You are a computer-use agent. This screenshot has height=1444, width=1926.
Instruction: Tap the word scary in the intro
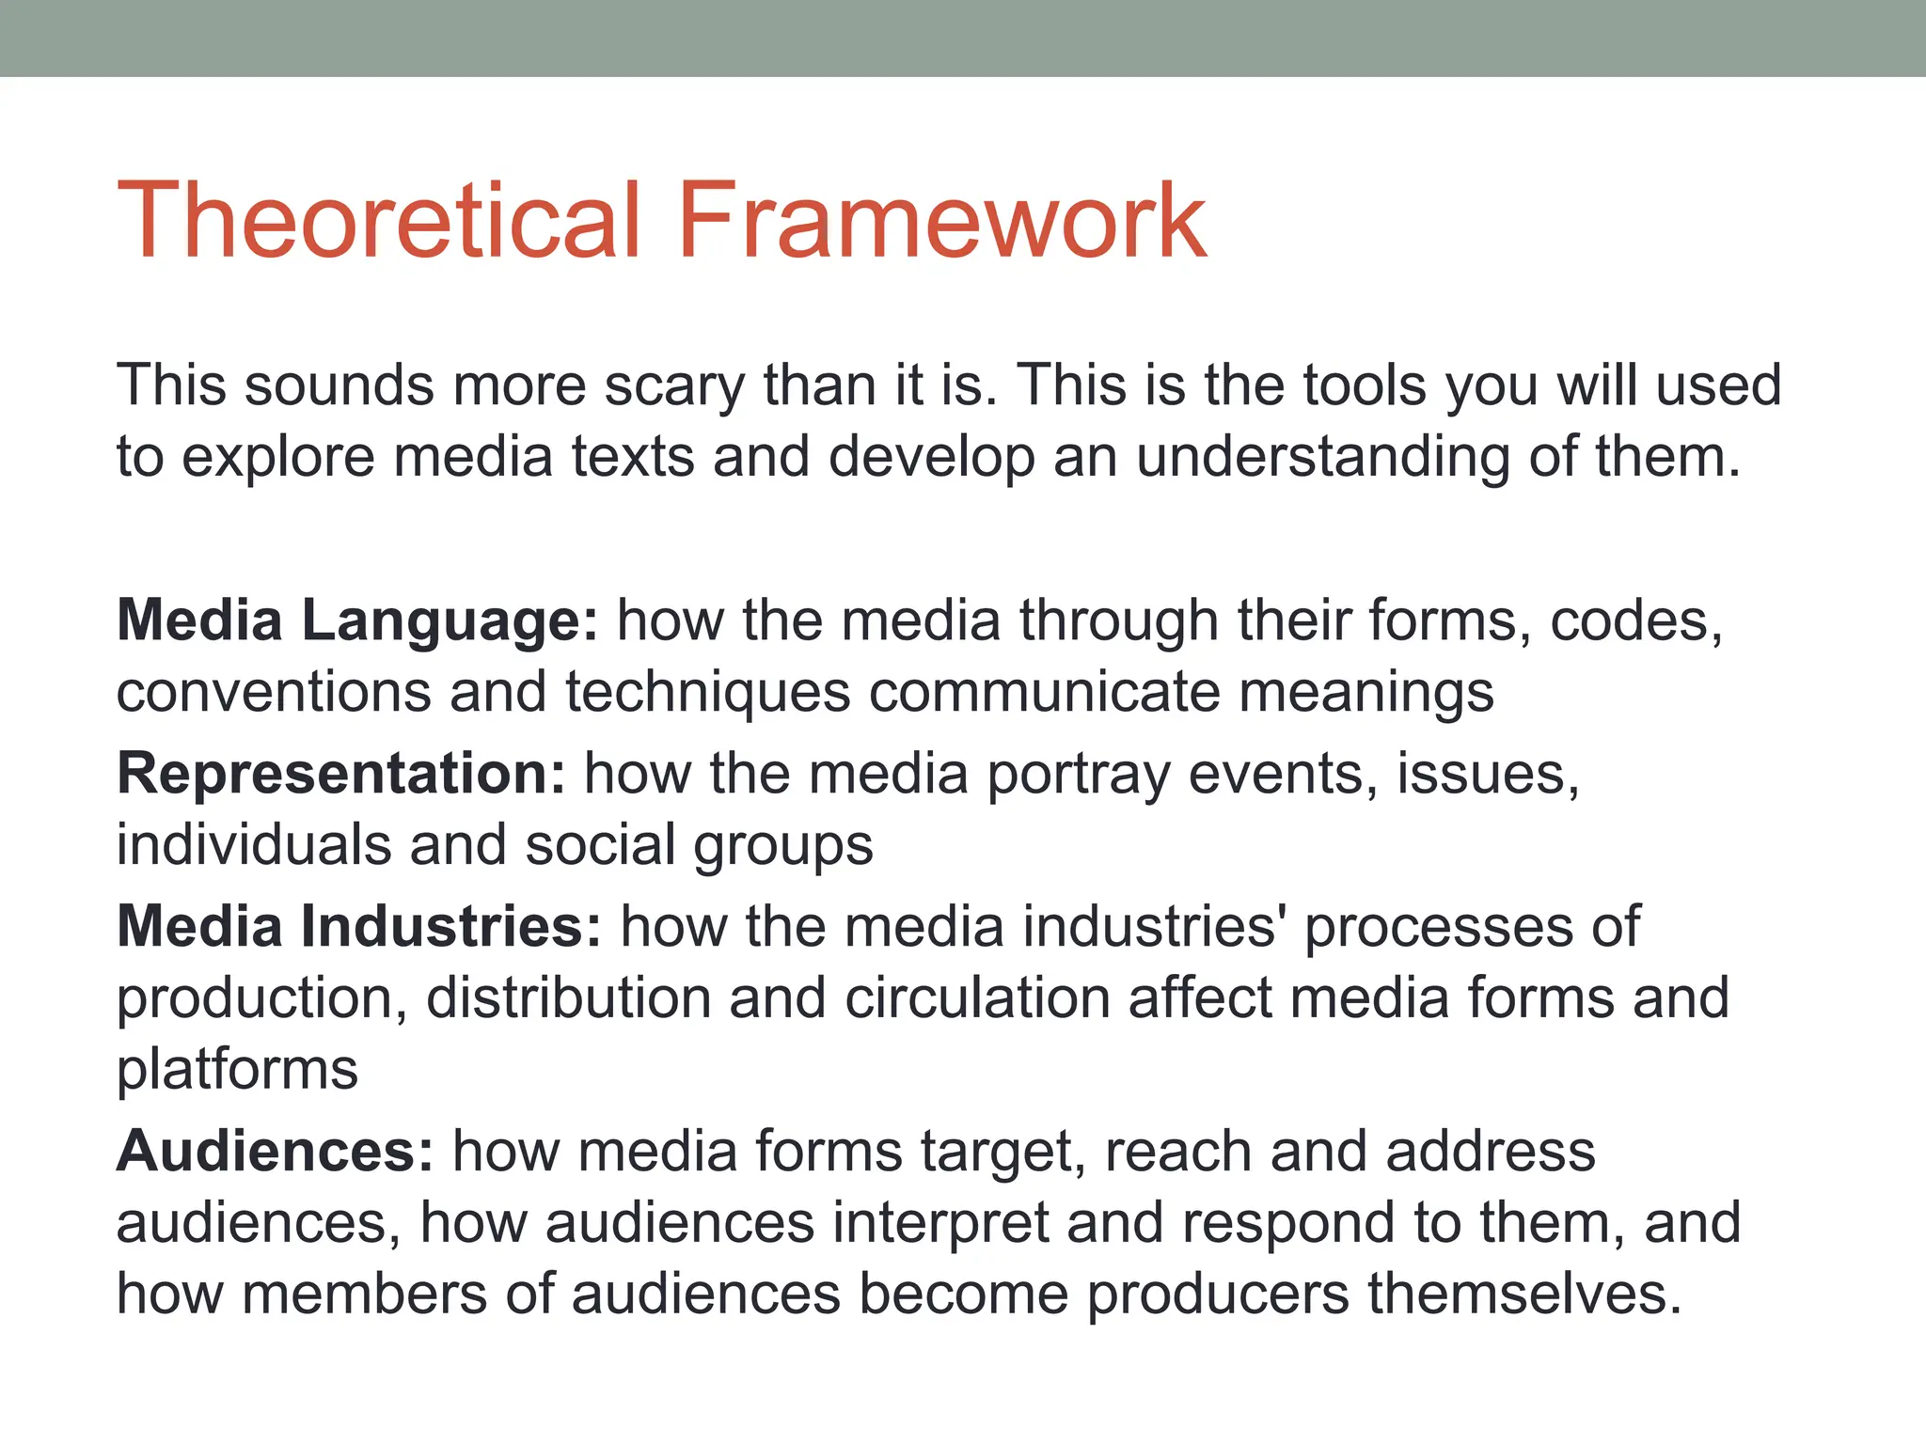click(x=673, y=385)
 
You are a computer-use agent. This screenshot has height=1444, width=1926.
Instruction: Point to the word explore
click(x=277, y=458)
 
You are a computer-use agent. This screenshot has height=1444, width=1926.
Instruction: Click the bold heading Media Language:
click(x=357, y=622)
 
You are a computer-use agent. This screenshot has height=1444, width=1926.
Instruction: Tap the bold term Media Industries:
click(x=358, y=927)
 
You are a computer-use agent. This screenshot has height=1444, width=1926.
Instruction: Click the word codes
click(x=1634, y=622)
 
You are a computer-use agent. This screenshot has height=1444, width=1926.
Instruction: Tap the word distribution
click(x=568, y=998)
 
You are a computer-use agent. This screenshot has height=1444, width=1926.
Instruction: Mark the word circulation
click(x=977, y=998)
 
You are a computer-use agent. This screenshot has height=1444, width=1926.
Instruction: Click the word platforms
click(x=237, y=1070)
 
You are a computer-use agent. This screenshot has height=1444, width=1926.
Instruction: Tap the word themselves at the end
click(x=1523, y=1295)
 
